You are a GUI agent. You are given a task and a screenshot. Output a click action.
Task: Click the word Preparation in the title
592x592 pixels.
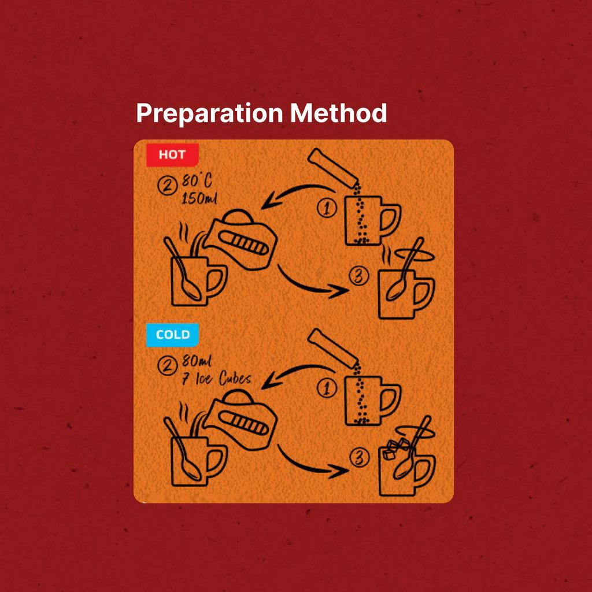point(209,113)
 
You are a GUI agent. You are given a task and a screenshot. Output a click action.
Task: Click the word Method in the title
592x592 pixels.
point(339,113)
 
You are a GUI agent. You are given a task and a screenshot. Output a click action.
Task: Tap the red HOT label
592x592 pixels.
point(172,155)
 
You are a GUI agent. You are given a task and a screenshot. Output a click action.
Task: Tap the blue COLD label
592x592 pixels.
point(172,335)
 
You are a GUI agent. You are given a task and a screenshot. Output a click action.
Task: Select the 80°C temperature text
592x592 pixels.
point(197,180)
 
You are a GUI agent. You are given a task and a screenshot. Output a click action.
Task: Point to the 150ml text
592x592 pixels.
point(199,198)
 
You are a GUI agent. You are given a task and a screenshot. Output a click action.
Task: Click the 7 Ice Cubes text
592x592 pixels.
point(216,378)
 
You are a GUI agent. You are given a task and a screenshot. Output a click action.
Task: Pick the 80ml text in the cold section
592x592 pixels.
point(197,361)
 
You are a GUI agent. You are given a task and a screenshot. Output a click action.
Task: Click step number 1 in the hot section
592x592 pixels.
point(327,208)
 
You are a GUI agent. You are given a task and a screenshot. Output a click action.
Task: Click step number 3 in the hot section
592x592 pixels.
point(359,276)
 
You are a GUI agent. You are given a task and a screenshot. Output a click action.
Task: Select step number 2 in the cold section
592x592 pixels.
point(167,365)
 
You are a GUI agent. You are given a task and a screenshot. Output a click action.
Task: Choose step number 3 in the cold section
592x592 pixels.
point(360,457)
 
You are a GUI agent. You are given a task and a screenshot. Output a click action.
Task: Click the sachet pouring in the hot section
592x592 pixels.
point(332,168)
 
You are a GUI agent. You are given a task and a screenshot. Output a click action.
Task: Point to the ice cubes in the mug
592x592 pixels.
point(395,449)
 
